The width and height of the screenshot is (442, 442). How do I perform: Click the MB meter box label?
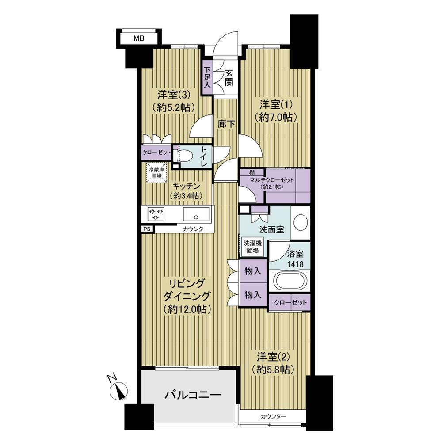pyautogui.click(x=139, y=38)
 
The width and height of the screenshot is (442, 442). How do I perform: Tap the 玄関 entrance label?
pyautogui.click(x=229, y=77)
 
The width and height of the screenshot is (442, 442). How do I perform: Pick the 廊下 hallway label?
pyautogui.click(x=226, y=124)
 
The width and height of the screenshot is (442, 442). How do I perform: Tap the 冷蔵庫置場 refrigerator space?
pyautogui.click(x=155, y=172)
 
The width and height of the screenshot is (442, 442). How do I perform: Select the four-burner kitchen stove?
pyautogui.click(x=156, y=214)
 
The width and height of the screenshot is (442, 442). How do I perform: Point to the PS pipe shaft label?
pyautogui.click(x=146, y=229)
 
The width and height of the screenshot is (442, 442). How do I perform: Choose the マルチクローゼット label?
pyautogui.click(x=271, y=180)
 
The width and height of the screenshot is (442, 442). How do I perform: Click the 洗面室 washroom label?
pyautogui.click(x=268, y=230)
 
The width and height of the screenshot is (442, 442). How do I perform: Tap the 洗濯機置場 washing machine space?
pyautogui.click(x=252, y=247)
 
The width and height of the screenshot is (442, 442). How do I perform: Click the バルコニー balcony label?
pyautogui.click(x=187, y=394)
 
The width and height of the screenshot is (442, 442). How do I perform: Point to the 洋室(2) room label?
pyautogui.click(x=273, y=362)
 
